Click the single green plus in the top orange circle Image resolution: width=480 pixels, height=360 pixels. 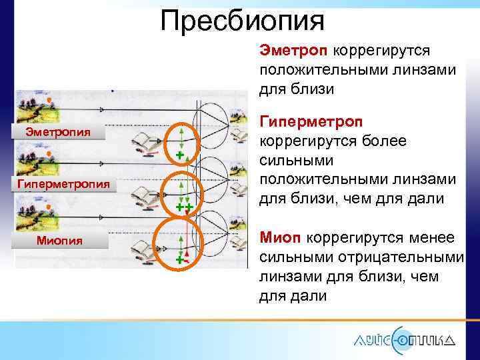pos(179,155)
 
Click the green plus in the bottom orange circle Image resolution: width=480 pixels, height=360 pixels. pos(179,259)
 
